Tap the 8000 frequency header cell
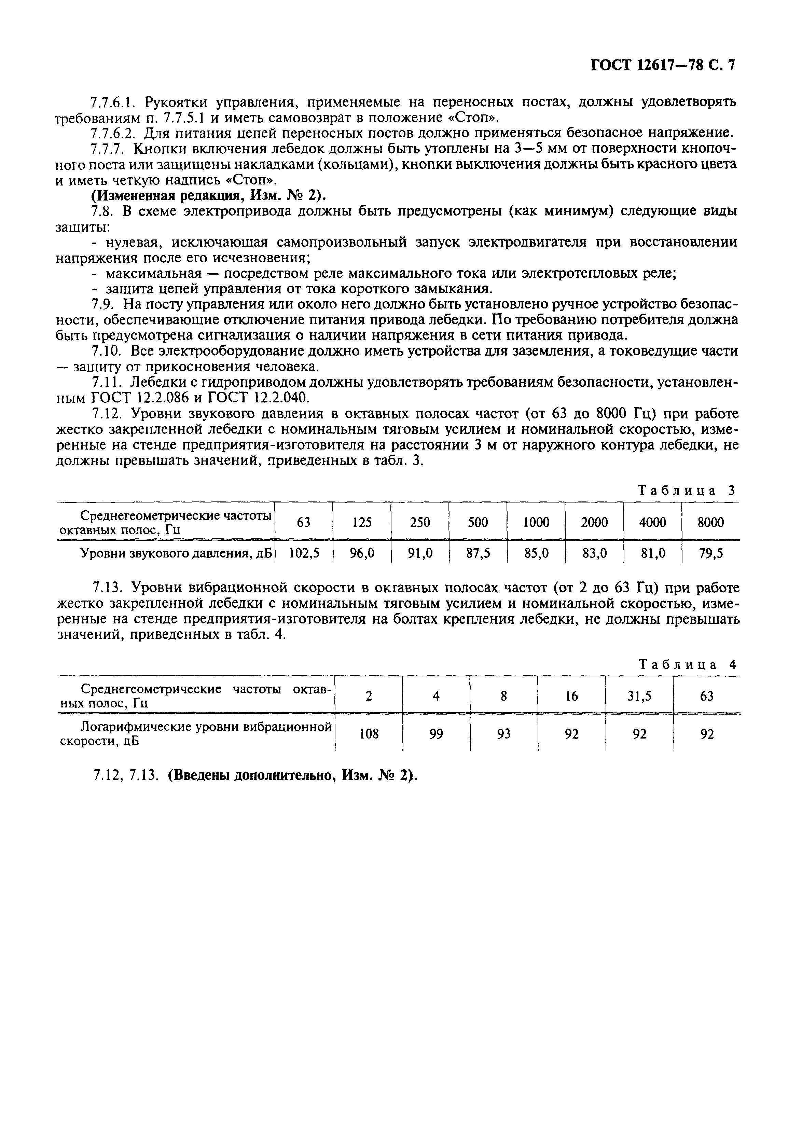coord(710,522)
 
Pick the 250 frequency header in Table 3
coord(420,522)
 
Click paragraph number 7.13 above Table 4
coord(107,588)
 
